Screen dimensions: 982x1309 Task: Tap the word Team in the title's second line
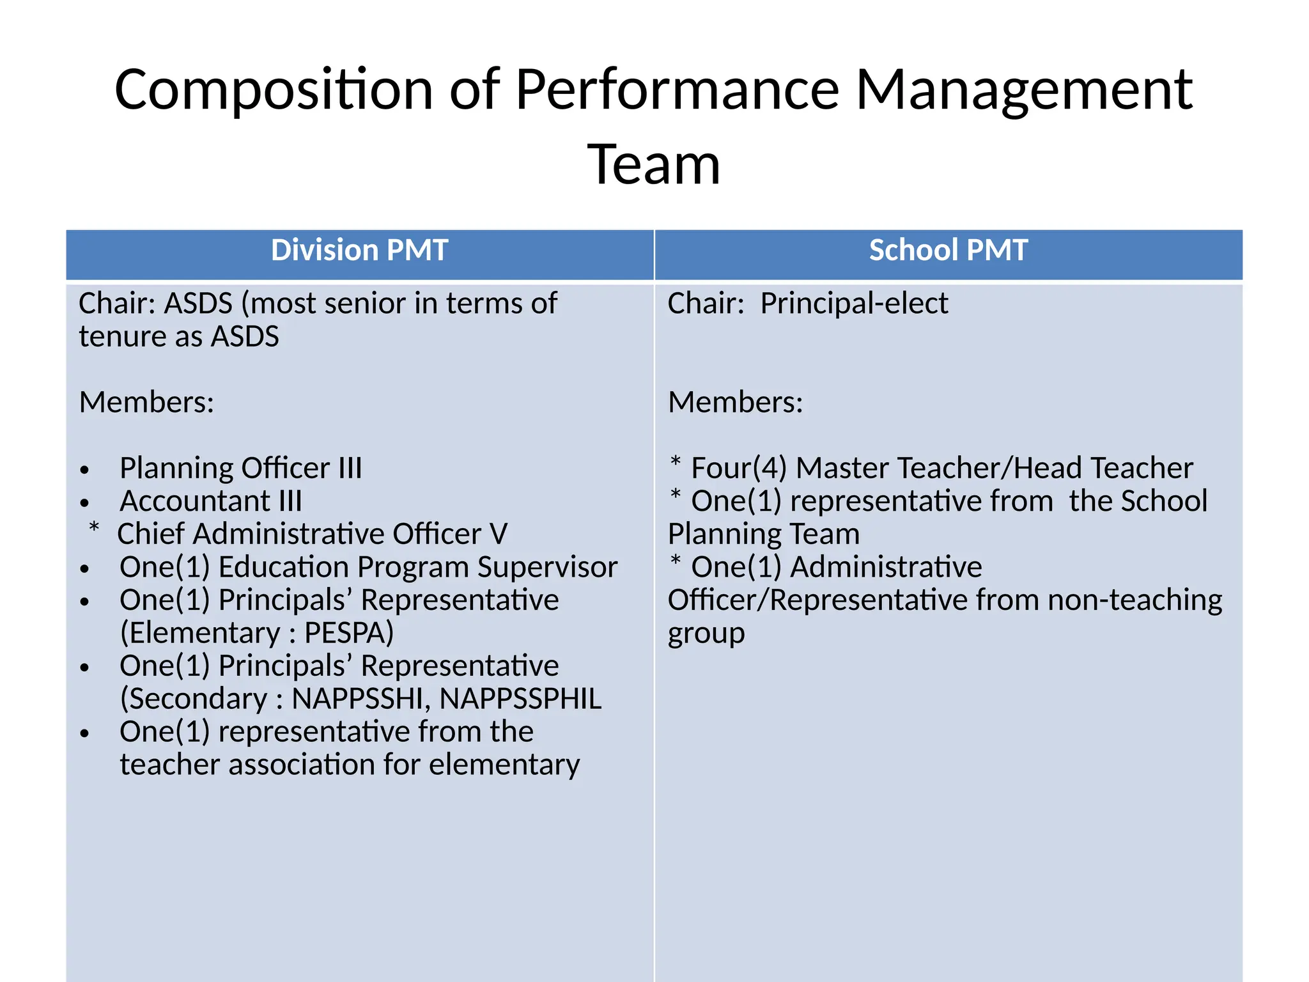click(x=654, y=165)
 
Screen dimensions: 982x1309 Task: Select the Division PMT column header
click(x=360, y=250)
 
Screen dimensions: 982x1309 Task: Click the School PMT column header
click(x=949, y=250)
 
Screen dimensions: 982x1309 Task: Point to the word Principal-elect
click(x=854, y=303)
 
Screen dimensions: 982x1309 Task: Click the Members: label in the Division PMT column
click(x=146, y=402)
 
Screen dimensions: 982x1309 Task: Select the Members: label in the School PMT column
click(x=736, y=402)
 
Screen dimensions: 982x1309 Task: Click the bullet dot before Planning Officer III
click(x=84, y=471)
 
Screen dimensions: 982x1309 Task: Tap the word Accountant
click(x=195, y=501)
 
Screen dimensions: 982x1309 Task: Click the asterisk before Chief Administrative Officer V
click(x=94, y=528)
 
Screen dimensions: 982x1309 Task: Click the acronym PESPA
click(x=349, y=633)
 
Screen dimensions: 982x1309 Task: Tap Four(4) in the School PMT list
click(x=739, y=468)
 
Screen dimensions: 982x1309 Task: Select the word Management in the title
click(x=1024, y=90)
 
